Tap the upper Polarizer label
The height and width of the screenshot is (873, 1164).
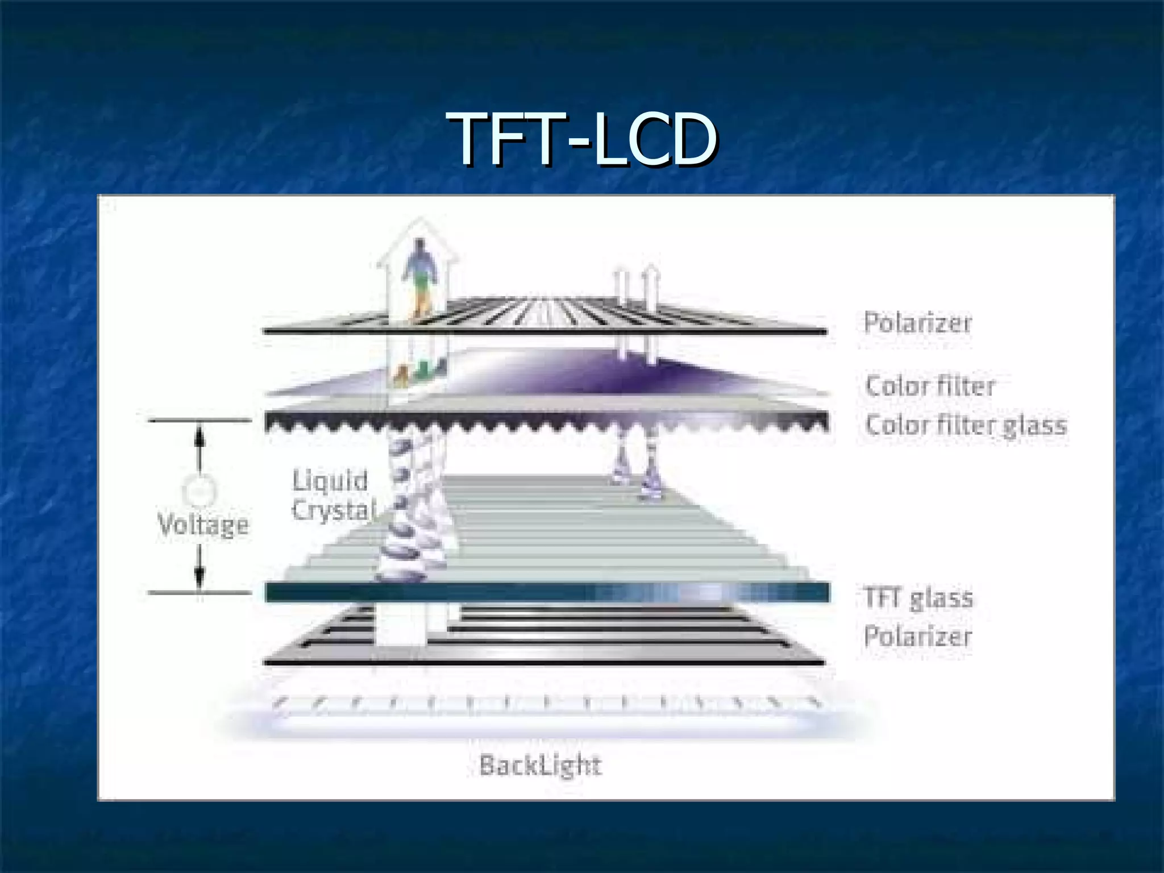pos(917,323)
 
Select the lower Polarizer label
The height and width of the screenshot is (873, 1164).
pos(917,636)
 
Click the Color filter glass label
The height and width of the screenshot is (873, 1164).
pos(966,425)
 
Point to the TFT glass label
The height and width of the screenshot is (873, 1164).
pos(918,598)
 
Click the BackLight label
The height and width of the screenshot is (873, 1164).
pos(540,765)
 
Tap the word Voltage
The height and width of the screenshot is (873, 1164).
pos(203,524)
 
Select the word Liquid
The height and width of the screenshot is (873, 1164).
pos(330,481)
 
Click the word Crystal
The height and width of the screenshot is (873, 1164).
pos(334,510)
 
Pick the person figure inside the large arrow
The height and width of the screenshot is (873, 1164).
pos(419,267)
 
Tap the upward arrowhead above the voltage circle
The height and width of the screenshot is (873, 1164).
pos(199,438)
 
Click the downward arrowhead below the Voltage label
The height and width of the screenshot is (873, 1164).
pos(199,574)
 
